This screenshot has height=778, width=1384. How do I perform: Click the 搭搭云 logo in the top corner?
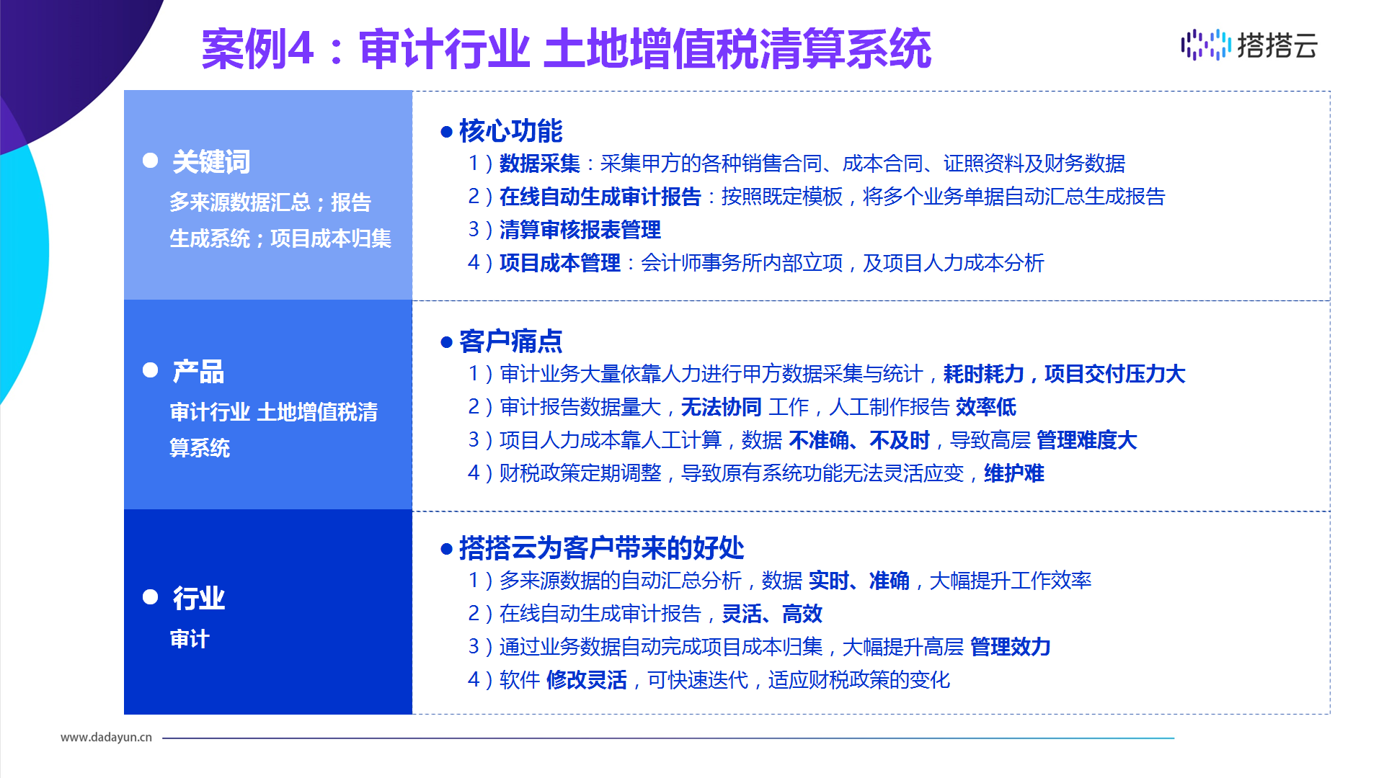point(1249,45)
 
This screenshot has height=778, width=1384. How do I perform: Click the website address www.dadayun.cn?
point(106,737)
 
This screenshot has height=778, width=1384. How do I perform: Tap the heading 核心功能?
point(510,131)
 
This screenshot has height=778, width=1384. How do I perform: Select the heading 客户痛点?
point(510,341)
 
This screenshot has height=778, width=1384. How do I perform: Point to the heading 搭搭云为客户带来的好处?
point(601,548)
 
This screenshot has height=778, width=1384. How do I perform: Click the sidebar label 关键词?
point(211,162)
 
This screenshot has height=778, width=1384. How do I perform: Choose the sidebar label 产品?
point(198,372)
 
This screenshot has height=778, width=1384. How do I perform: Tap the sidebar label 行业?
point(198,599)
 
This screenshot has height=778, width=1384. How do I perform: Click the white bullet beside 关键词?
point(151,160)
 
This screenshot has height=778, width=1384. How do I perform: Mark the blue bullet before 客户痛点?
point(446,342)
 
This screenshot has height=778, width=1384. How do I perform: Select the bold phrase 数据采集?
point(540,164)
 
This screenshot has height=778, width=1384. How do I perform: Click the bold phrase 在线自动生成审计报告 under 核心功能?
point(600,197)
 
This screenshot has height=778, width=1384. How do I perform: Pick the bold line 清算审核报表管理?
point(580,230)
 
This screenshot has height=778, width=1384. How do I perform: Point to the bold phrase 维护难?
point(1014,473)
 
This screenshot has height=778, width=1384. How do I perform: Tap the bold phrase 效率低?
point(986,407)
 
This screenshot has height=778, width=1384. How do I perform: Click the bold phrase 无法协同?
point(722,407)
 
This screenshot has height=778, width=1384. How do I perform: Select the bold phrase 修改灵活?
point(587,679)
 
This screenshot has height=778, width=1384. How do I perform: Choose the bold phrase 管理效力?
point(1011,646)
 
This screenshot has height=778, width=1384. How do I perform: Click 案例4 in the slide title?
point(258,49)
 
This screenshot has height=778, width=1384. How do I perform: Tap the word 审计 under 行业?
point(190,639)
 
